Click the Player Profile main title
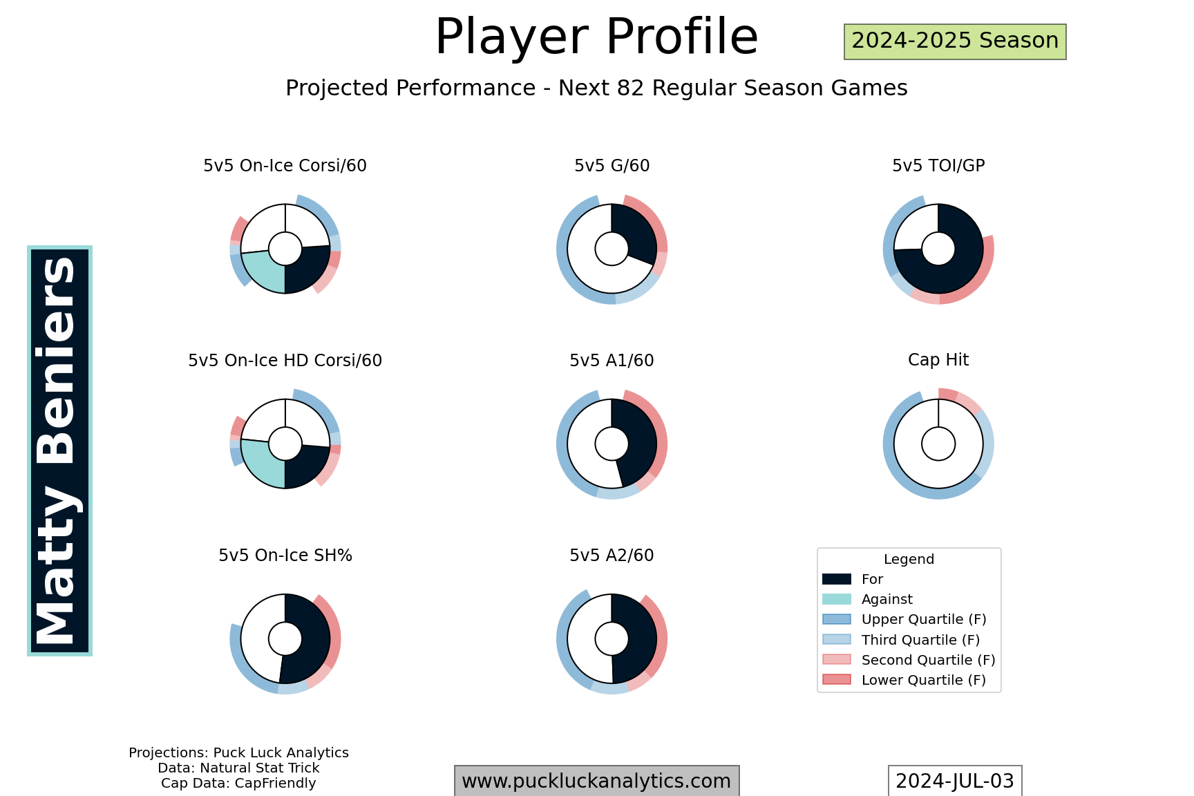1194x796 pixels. pyautogui.click(x=596, y=37)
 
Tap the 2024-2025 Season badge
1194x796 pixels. pyautogui.click(x=955, y=41)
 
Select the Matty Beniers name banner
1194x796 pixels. pyautogui.click(x=59, y=451)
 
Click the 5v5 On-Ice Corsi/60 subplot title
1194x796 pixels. pyautogui.click(x=285, y=166)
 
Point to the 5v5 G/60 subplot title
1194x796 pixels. pyautogui.click(x=612, y=166)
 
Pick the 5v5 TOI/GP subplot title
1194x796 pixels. pyautogui.click(x=938, y=166)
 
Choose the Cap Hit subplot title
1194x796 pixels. pyautogui.click(x=938, y=360)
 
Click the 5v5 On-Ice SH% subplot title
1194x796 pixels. pyautogui.click(x=285, y=556)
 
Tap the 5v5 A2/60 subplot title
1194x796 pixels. pyautogui.click(x=612, y=556)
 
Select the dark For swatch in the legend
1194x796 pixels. pyautogui.click(x=837, y=579)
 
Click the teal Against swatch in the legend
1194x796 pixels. pyautogui.click(x=837, y=599)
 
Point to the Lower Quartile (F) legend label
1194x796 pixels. pyautogui.click(x=924, y=680)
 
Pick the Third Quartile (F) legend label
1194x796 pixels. pyautogui.click(x=920, y=640)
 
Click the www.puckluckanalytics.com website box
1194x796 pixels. pyautogui.click(x=596, y=781)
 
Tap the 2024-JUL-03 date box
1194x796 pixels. pyautogui.click(x=955, y=781)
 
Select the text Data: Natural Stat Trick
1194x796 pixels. pyautogui.click(x=238, y=768)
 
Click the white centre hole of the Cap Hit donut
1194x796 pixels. pyautogui.click(x=938, y=444)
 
